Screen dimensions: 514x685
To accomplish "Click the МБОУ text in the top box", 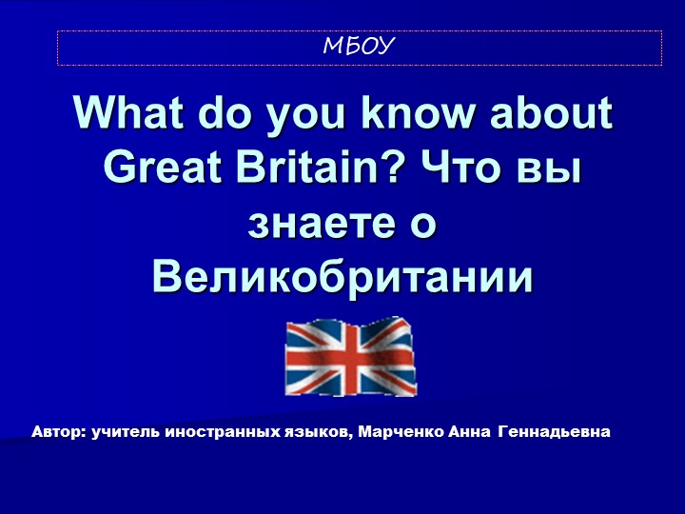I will point(359,47).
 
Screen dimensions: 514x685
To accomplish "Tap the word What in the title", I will point(129,114).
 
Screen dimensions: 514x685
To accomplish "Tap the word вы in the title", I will point(549,168).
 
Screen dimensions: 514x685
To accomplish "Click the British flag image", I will point(351,356).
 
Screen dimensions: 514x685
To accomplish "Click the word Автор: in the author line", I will point(59,432).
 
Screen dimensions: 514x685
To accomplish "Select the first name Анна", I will point(467,432).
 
